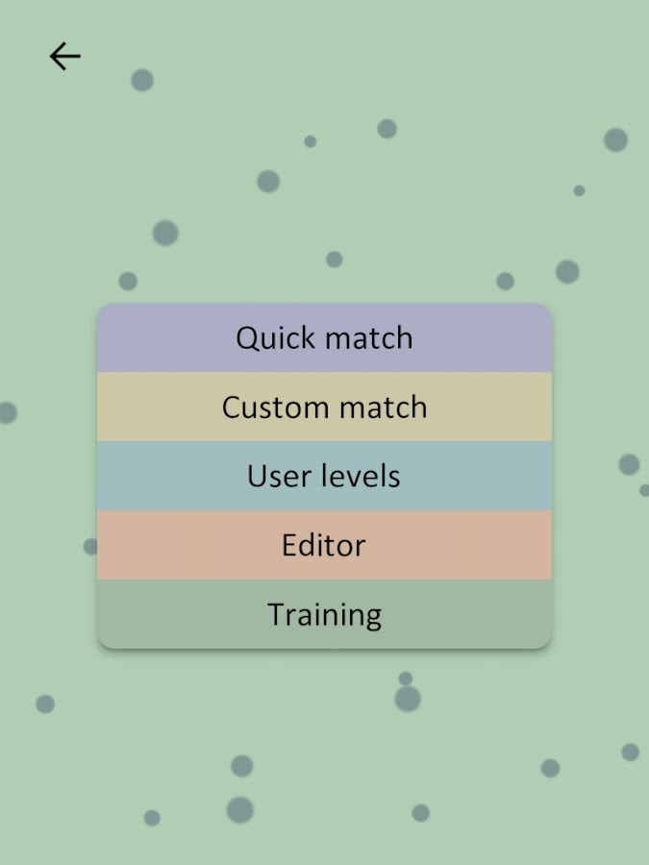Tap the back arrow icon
pyautogui.click(x=65, y=57)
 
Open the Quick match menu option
pyautogui.click(x=325, y=337)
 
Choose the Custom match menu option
pyautogui.click(x=325, y=407)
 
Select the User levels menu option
pyautogui.click(x=325, y=476)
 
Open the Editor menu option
pyautogui.click(x=325, y=545)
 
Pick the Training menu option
pyautogui.click(x=325, y=614)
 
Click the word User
pyautogui.click(x=279, y=476)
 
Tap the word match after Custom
pyautogui.click(x=383, y=408)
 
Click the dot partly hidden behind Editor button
pyautogui.click(x=90, y=546)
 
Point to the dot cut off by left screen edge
pyautogui.click(x=8, y=412)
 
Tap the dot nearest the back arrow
pyautogui.click(x=142, y=80)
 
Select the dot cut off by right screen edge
pyautogui.click(x=644, y=490)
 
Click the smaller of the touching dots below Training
pyautogui.click(x=406, y=679)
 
